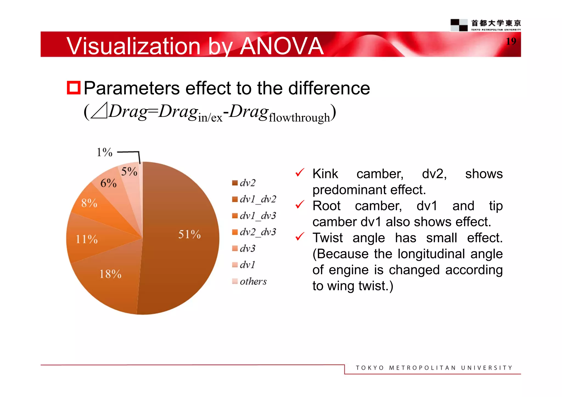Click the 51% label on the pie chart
(x=189, y=234)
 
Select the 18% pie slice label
(x=110, y=274)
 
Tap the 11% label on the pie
(x=87, y=239)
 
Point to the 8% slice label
(x=89, y=203)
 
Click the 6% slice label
(x=108, y=183)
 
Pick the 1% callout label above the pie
(x=105, y=152)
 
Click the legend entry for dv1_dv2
(x=257, y=199)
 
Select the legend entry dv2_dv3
(x=257, y=232)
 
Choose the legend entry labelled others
(x=253, y=281)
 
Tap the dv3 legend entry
(x=247, y=248)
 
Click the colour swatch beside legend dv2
(x=235, y=183)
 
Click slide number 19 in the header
(x=511, y=41)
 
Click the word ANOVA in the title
(x=282, y=46)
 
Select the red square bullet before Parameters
(x=74, y=88)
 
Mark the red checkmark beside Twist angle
(x=300, y=236)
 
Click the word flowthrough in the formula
(x=299, y=118)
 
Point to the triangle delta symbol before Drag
(x=99, y=111)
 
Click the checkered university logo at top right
(x=459, y=25)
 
